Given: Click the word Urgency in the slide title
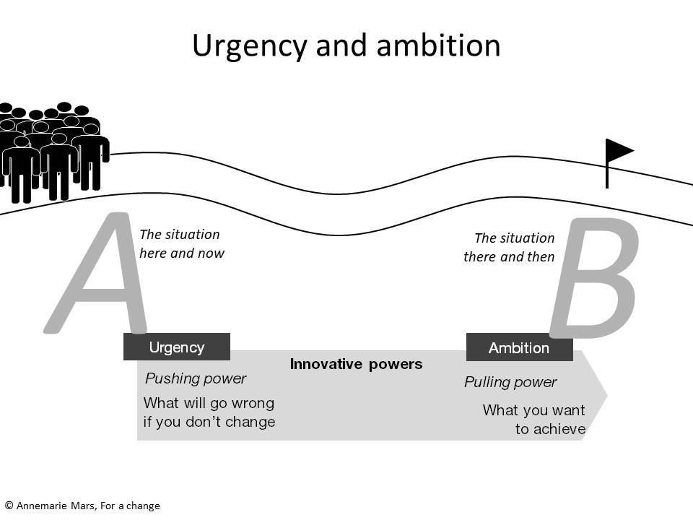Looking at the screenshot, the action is click(250, 47).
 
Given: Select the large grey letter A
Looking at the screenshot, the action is click(95, 273).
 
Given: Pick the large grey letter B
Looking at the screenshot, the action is click(594, 277).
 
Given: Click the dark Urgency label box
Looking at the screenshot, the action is click(177, 347).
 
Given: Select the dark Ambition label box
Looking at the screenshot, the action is click(519, 347).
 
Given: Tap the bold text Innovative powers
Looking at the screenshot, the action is click(356, 364).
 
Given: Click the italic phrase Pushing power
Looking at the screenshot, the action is click(196, 378).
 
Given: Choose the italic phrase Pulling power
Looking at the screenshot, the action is click(510, 382).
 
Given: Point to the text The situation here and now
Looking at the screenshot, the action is click(182, 243).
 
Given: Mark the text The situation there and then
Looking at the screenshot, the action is click(509, 247).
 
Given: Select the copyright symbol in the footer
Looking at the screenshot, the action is click(9, 506).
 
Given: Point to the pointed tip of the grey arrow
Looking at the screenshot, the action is click(607, 395).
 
